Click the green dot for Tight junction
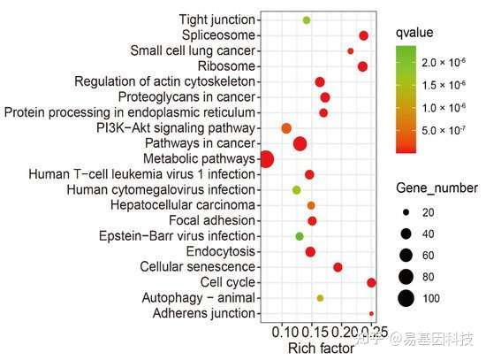(307, 20)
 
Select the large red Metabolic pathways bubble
(266, 159)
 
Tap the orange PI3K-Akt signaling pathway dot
(286, 128)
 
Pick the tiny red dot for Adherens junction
(371, 313)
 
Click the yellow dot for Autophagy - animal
(320, 298)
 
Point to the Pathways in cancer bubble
(300, 143)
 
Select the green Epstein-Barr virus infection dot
(299, 236)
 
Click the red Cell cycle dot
(371, 283)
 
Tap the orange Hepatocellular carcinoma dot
(311, 205)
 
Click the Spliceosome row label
(218, 35)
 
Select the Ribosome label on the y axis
(226, 66)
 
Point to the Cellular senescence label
(197, 266)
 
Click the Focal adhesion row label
(212, 220)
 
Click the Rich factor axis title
(321, 349)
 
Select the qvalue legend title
(414, 33)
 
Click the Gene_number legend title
(437, 188)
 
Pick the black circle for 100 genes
(406, 299)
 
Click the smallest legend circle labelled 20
(406, 212)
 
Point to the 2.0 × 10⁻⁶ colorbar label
(444, 63)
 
